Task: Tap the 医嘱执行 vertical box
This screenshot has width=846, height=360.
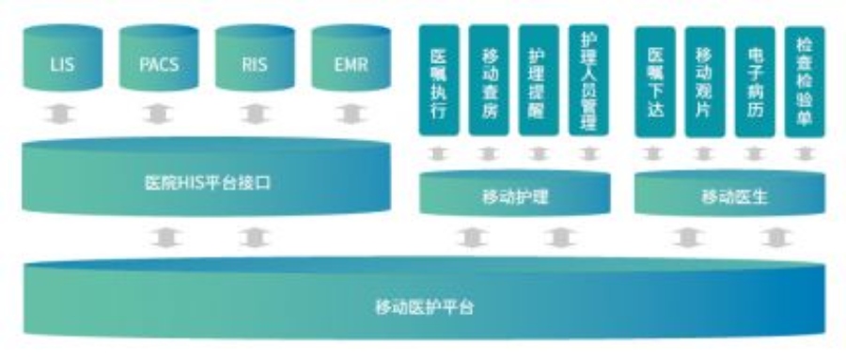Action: pyautogui.click(x=438, y=83)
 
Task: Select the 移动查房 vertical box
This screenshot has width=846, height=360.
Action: pyautogui.click(x=489, y=83)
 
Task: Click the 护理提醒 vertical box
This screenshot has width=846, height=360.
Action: pyautogui.click(x=539, y=83)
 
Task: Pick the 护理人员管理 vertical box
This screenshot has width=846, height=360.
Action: pyautogui.click(x=589, y=83)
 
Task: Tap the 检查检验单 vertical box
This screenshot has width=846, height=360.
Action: pyautogui.click(x=806, y=83)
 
